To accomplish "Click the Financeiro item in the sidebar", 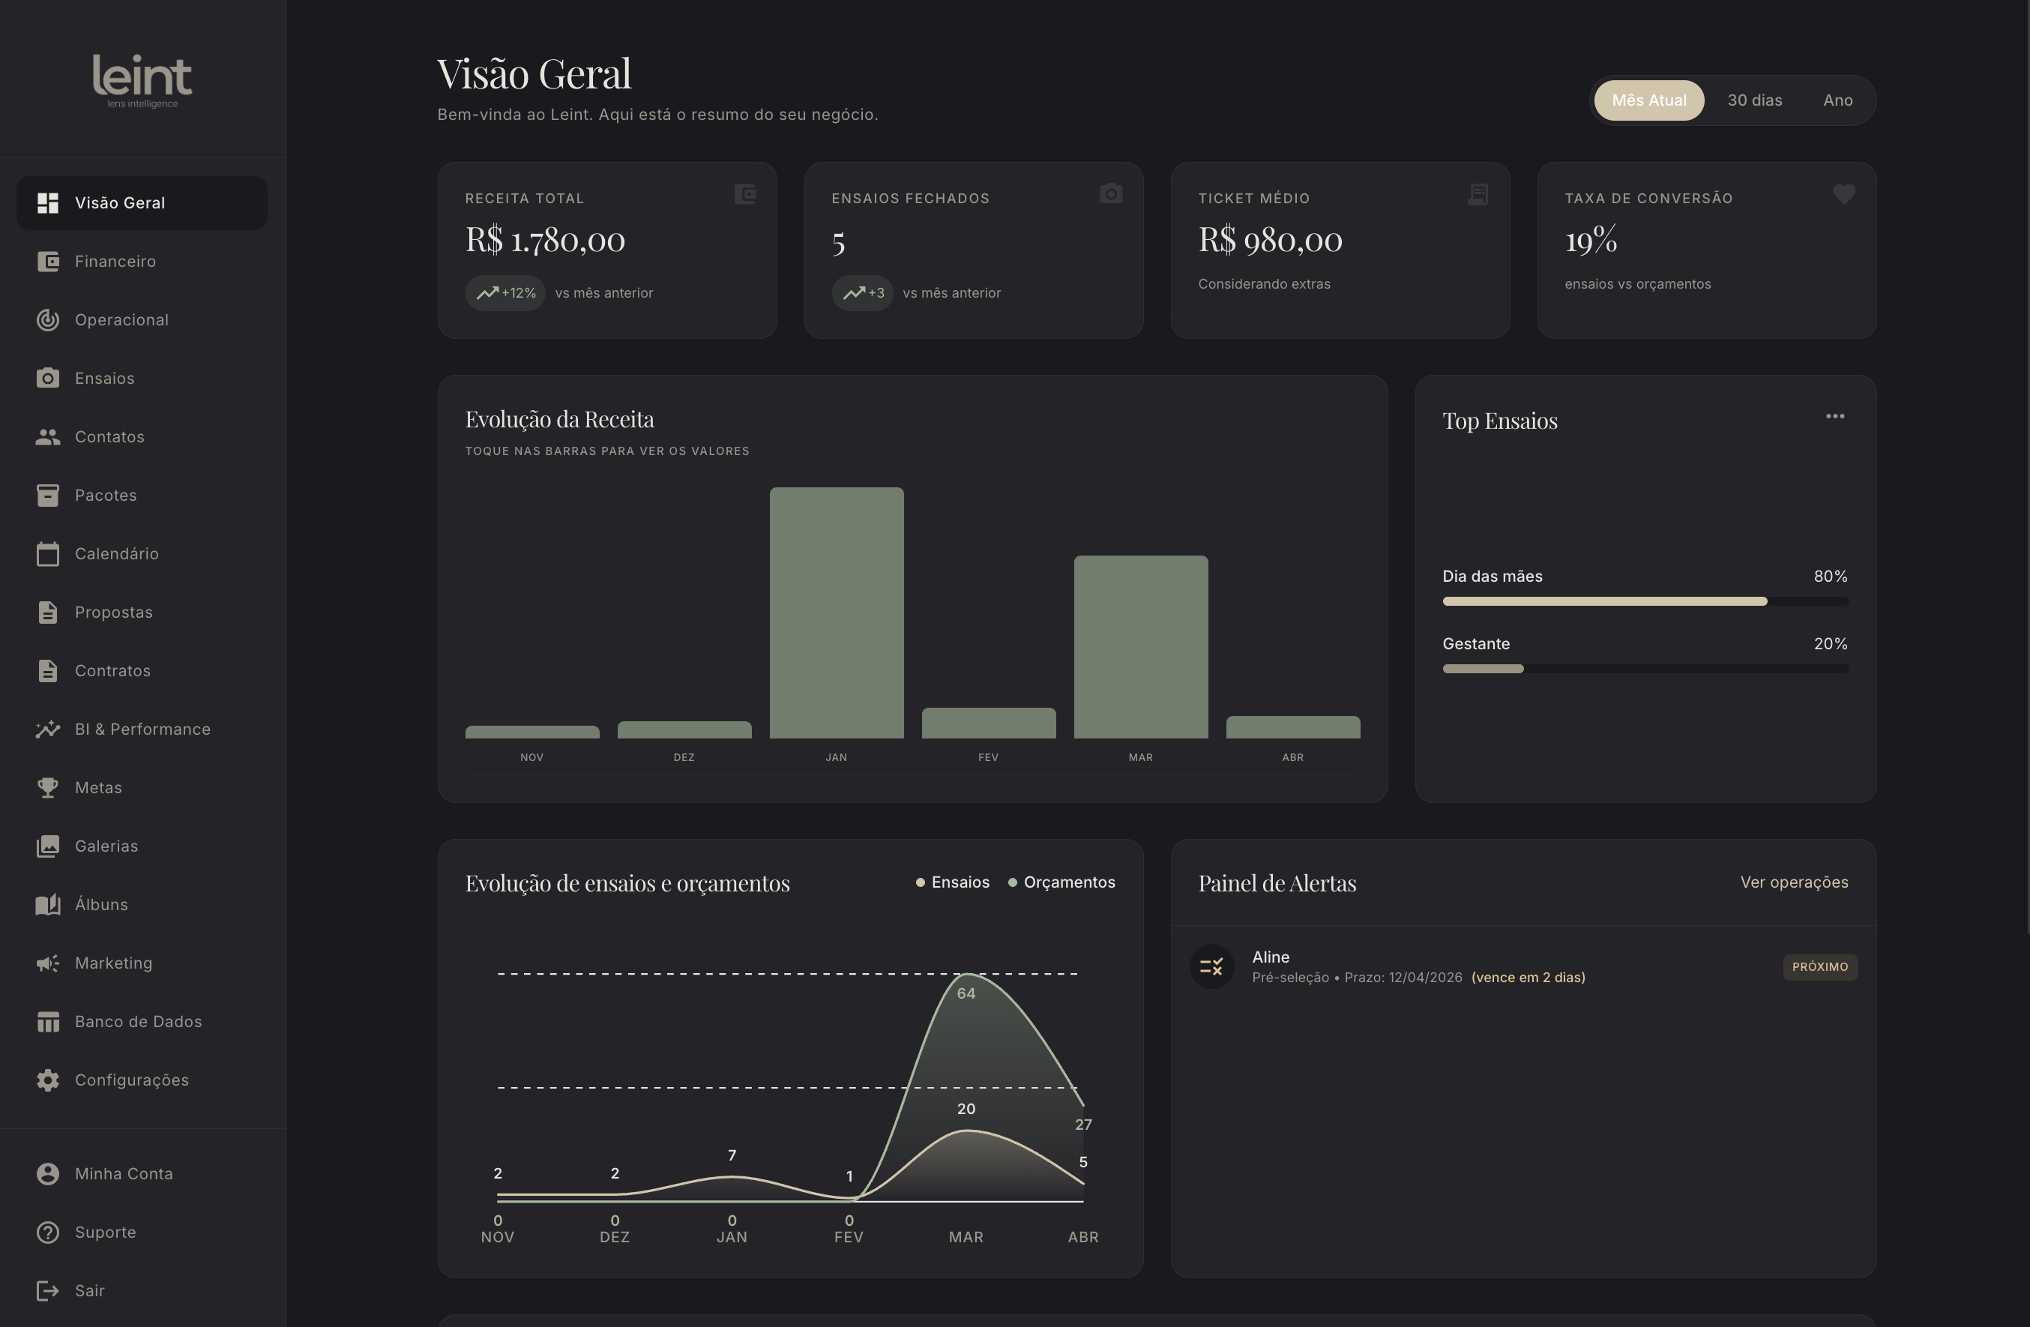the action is [115, 261].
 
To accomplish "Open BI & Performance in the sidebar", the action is [142, 729].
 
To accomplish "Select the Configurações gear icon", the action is [48, 1080].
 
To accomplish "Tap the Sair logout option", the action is [88, 1290].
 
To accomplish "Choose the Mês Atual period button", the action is [1648, 100].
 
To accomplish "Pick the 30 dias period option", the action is [1754, 100].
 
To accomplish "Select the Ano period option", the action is [1837, 100].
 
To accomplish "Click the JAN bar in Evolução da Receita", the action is [836, 613].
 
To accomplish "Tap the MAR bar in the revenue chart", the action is [1140, 646].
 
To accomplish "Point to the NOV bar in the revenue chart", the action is [532, 732].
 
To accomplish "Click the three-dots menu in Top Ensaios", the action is [1834, 416].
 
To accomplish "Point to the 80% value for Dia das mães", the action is [1831, 577].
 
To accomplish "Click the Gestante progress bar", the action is [1645, 669].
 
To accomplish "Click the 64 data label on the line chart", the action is [966, 993].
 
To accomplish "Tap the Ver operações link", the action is [1794, 882].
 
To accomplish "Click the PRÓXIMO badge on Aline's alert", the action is [1820, 966].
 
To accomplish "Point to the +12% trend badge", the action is [505, 292].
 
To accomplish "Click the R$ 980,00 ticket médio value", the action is [1270, 240].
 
